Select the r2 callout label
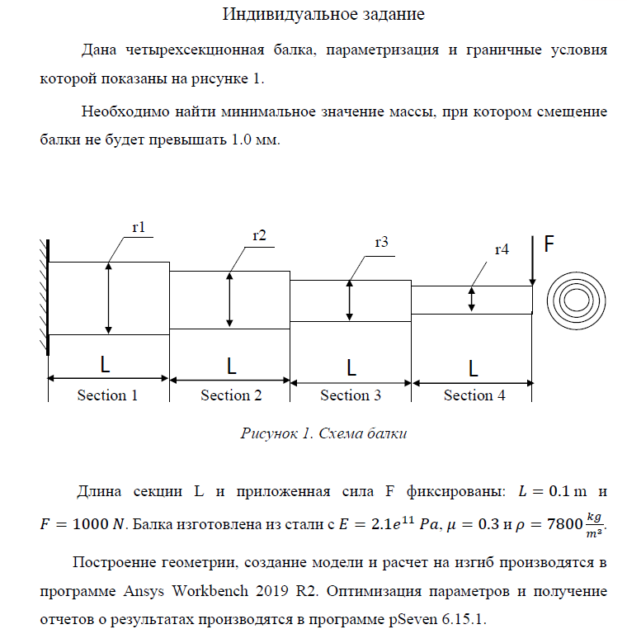[x=259, y=235]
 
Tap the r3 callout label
[x=381, y=242]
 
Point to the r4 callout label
[x=502, y=248]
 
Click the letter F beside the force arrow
[x=549, y=245]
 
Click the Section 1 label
[x=107, y=395]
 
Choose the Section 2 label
[x=231, y=395]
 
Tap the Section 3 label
[x=351, y=395]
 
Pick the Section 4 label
[x=474, y=395]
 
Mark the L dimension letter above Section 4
[x=474, y=366]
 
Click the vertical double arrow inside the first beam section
[x=108, y=298]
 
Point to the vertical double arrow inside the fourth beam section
[x=471, y=299]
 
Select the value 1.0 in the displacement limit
[x=240, y=140]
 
